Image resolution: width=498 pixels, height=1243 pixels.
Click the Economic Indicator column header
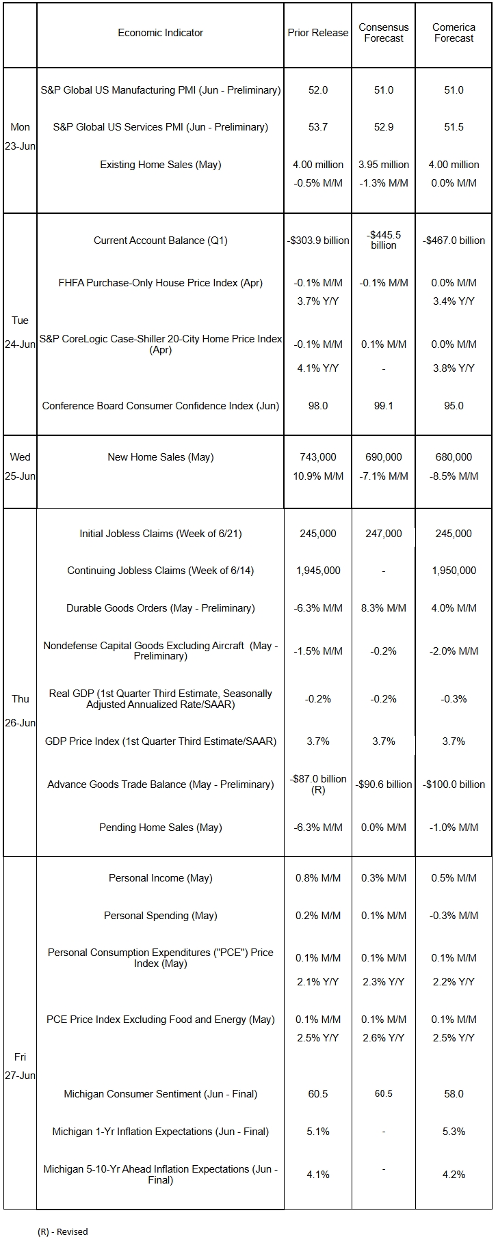[160, 33]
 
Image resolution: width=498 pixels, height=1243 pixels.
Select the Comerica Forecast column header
[454, 33]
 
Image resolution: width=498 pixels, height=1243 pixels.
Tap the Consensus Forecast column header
[384, 33]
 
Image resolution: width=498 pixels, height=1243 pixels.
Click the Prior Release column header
[318, 33]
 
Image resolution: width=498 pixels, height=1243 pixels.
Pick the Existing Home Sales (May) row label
[160, 165]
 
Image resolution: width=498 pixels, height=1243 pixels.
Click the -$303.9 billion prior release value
[318, 241]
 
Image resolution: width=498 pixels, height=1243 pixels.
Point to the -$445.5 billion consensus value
[384, 240]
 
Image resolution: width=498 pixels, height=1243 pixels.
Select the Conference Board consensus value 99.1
[384, 406]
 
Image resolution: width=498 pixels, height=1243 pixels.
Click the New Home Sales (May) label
[160, 457]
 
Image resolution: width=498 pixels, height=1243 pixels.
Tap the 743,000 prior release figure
[318, 457]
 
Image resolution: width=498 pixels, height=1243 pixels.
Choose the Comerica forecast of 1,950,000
[454, 571]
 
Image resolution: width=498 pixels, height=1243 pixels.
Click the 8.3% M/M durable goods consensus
[384, 608]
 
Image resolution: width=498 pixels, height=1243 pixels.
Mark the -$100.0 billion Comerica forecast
[454, 784]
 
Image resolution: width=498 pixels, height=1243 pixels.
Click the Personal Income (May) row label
[160, 878]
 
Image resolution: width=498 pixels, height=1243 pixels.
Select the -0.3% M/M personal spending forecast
[454, 916]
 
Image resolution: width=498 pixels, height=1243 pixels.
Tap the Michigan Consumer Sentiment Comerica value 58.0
[454, 1094]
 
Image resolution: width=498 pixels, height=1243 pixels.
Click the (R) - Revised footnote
[62, 1231]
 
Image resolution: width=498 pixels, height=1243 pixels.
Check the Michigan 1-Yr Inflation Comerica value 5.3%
[454, 1132]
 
